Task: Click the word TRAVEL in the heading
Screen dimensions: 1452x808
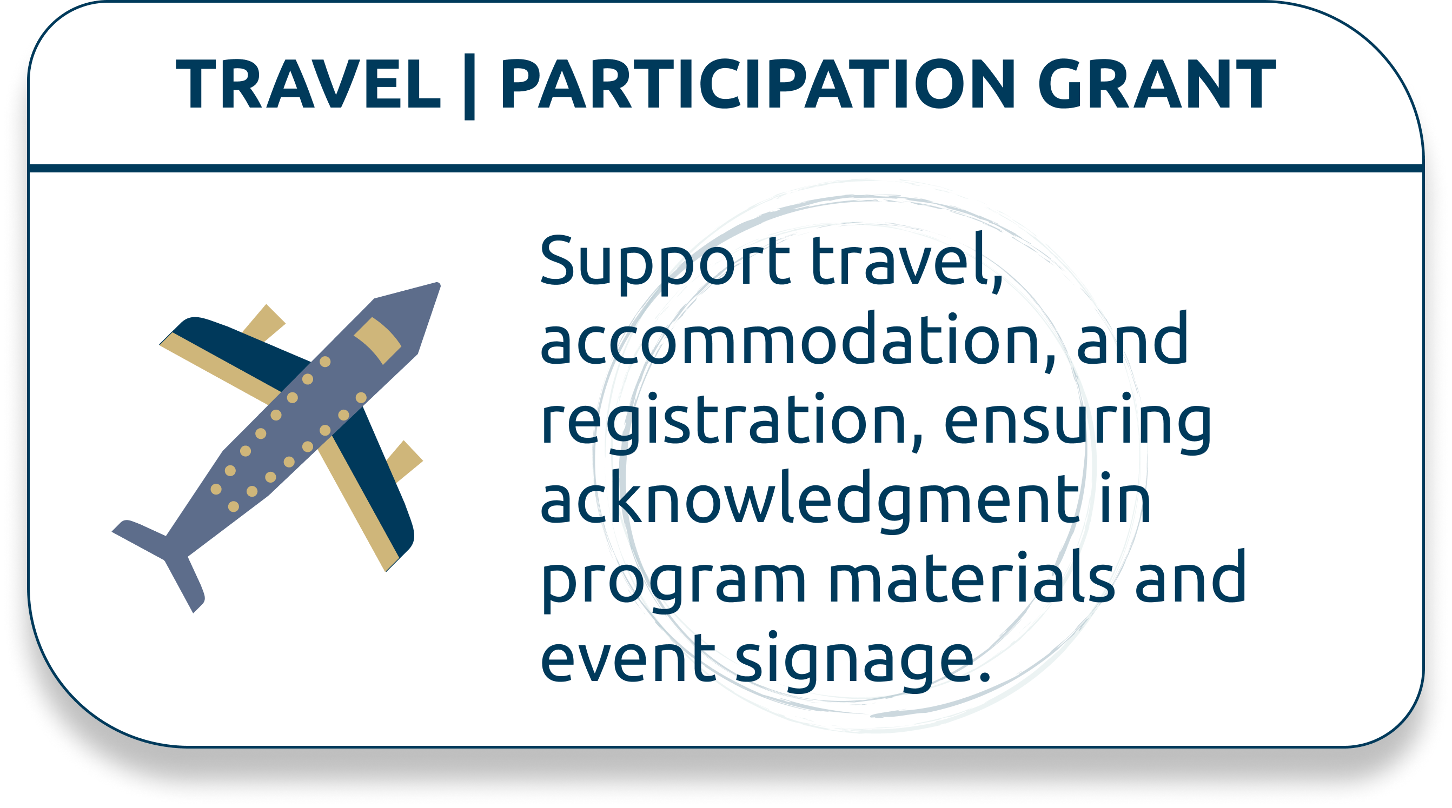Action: tap(308, 84)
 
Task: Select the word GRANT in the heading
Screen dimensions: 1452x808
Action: tap(1157, 84)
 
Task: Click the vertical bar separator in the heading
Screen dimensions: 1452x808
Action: tap(469, 87)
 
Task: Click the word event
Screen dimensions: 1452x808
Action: tap(628, 657)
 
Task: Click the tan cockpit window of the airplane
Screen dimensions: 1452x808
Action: tap(377, 340)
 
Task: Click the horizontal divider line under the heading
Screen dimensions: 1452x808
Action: tap(726, 169)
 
